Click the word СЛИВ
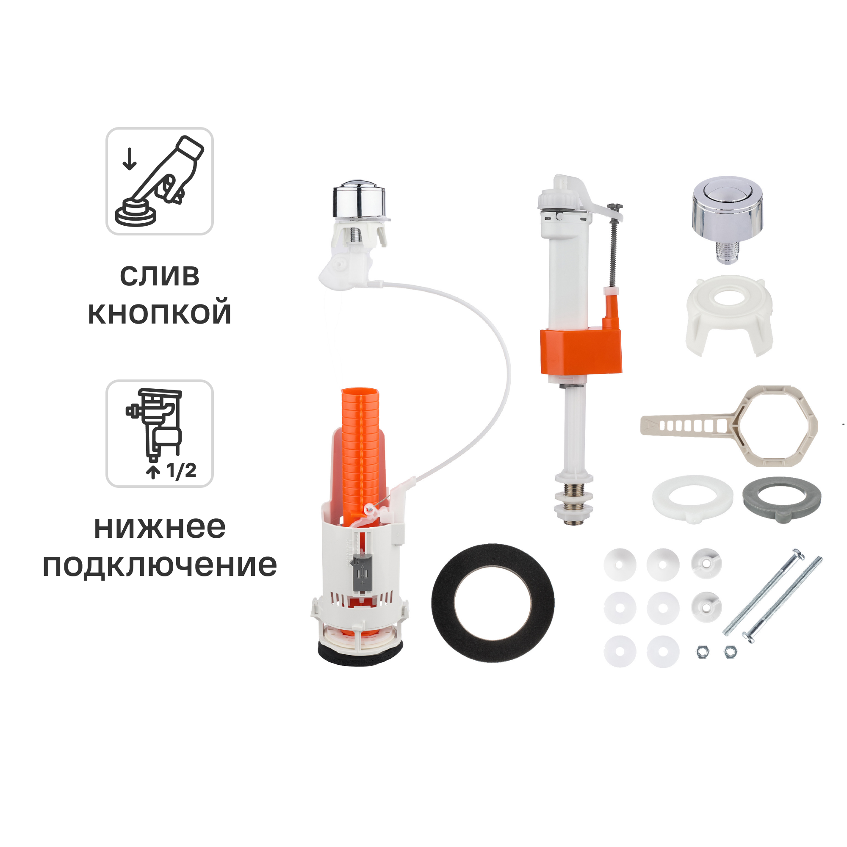160,276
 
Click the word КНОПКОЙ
160,313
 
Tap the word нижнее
160,527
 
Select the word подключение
160,565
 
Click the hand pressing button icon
160,181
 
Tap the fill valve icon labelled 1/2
160,433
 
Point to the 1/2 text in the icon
181,471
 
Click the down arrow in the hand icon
129,159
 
